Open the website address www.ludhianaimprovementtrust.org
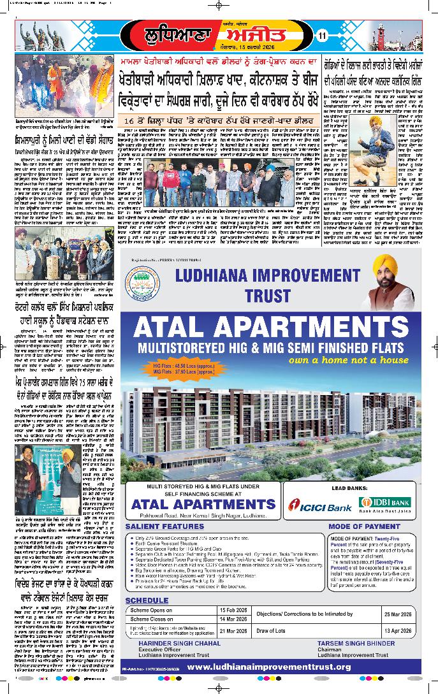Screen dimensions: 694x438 coord(269,667)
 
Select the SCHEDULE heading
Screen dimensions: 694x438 coord(147,600)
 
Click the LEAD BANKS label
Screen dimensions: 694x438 coord(346,488)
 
